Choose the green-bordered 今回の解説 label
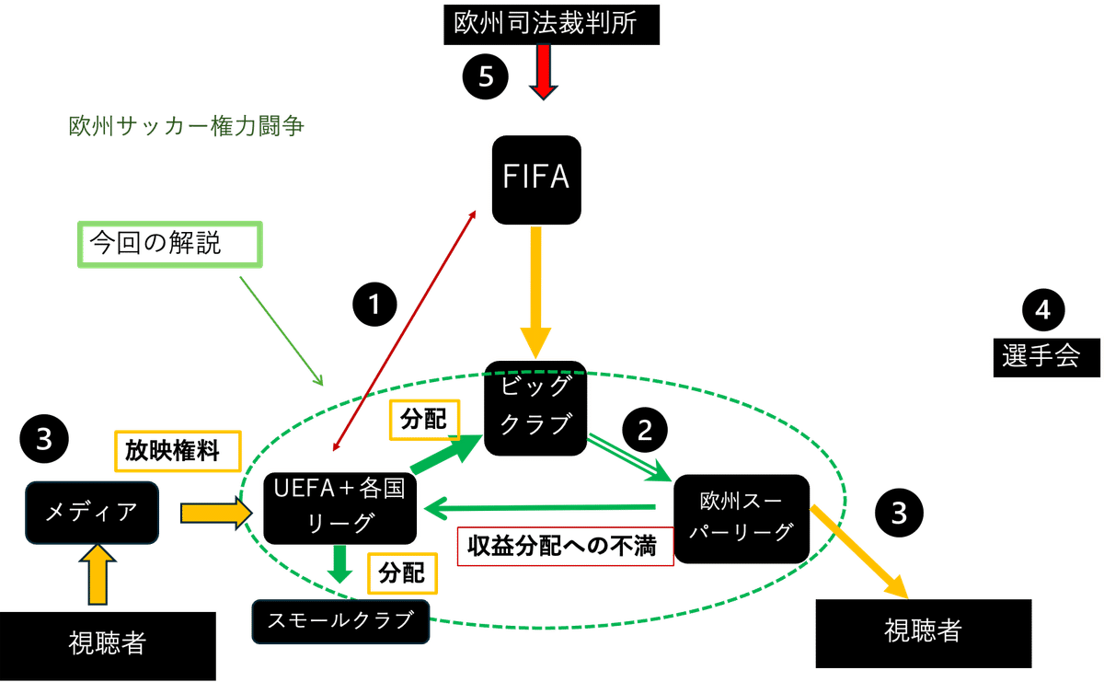[170, 245]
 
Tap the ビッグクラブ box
[535, 409]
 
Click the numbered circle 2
[645, 430]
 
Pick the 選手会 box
[1047, 356]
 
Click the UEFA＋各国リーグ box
[340, 507]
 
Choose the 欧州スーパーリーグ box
[742, 518]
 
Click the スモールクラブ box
[340, 622]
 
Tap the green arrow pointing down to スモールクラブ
[340, 564]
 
